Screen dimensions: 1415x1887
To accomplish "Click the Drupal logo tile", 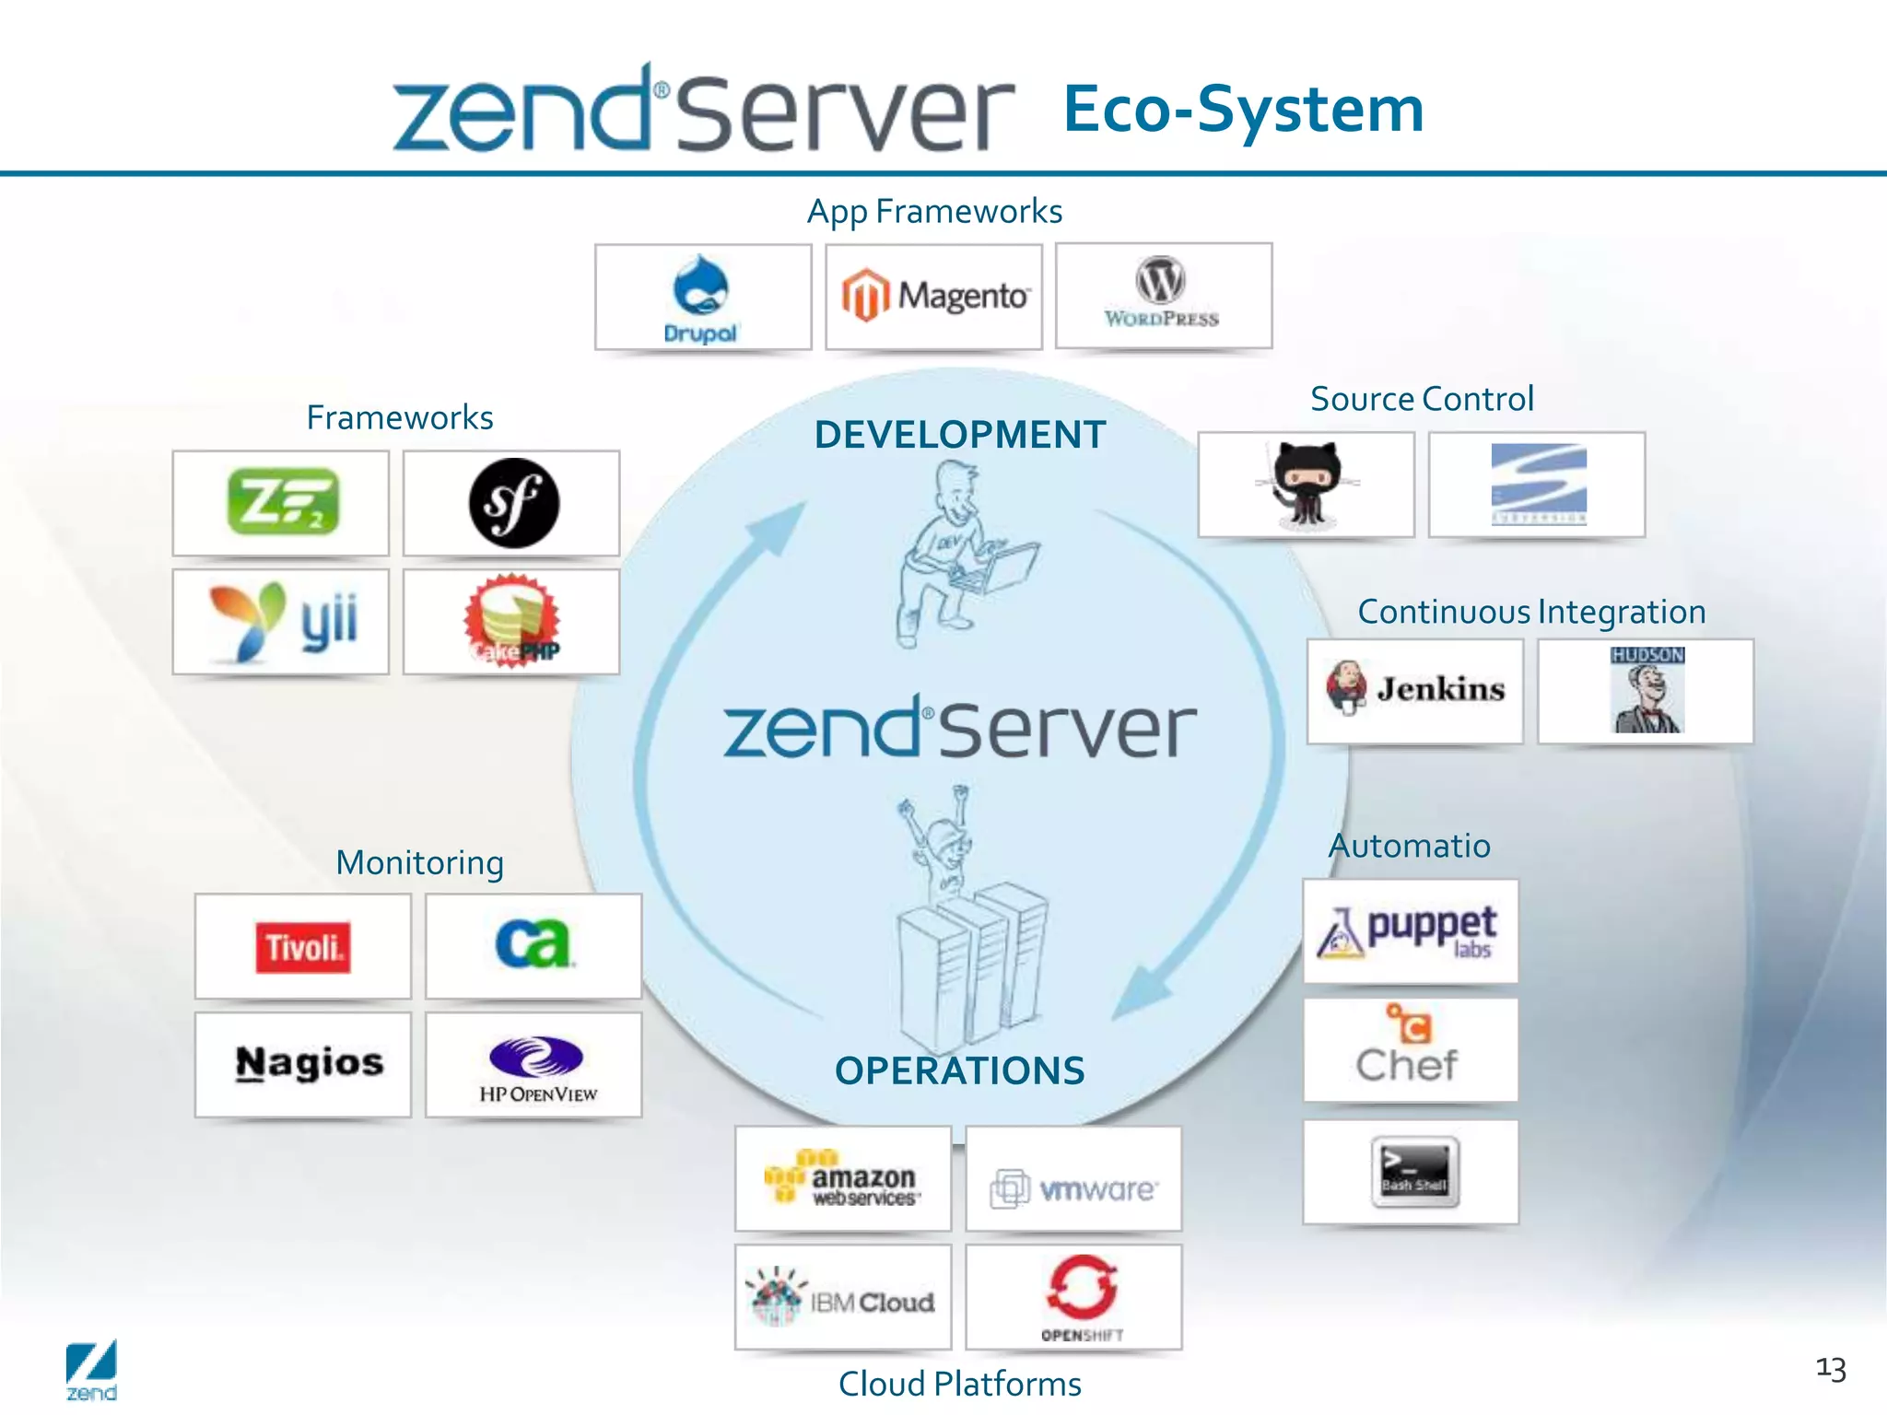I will [702, 297].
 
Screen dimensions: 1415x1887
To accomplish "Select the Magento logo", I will [933, 296].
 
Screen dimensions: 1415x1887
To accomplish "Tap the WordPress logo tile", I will [1163, 295].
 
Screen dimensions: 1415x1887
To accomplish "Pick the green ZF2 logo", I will [282, 502].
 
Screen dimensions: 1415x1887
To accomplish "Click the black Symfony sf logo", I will [513, 503].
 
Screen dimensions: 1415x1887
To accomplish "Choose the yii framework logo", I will [282, 621].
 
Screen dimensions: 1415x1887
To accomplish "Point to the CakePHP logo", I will [512, 621].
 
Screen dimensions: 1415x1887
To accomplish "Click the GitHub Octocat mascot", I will [1307, 485].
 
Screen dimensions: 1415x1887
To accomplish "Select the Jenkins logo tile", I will [1415, 690].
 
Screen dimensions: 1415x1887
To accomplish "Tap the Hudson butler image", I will [1647, 690].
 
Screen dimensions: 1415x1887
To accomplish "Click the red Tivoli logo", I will [303, 947].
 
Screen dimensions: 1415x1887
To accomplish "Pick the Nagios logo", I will [309, 1063].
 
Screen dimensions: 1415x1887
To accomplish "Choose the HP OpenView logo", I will [535, 1067].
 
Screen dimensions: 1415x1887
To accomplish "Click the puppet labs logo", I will [1410, 931].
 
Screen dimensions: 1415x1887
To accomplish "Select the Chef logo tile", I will [1409, 1050].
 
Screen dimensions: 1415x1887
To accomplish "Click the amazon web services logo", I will [842, 1178].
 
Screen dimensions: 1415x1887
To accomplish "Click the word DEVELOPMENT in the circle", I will [960, 435].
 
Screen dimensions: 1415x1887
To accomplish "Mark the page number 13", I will [1830, 1369].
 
